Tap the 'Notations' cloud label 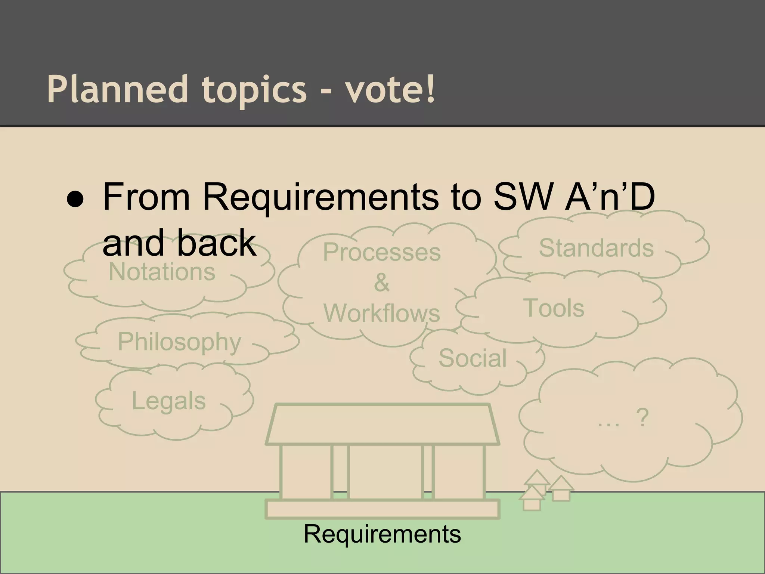(x=162, y=272)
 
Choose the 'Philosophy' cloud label (x=179, y=342)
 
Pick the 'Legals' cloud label (x=169, y=401)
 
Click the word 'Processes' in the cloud (x=382, y=252)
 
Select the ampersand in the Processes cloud (x=381, y=283)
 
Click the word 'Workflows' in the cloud (x=382, y=313)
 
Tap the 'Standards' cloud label (x=596, y=248)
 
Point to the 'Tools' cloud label (x=554, y=308)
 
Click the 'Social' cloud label (x=473, y=358)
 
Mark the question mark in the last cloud (x=642, y=418)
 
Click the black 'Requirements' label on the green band (x=382, y=534)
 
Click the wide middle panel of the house (x=385, y=472)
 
